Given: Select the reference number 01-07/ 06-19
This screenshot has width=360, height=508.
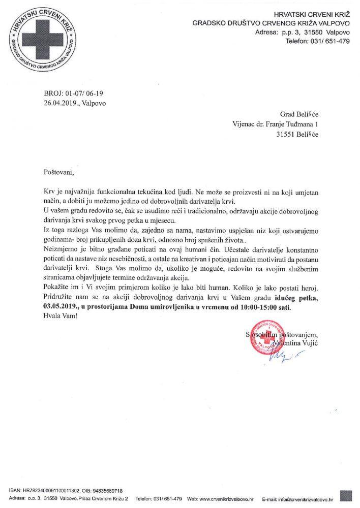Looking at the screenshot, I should tap(81, 93).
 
